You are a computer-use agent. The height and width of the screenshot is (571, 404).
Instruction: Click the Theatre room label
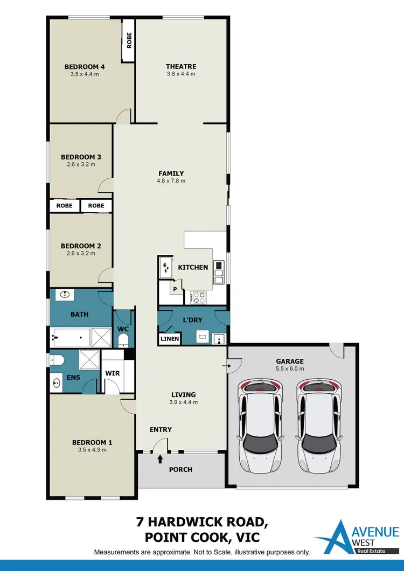[x=181, y=67]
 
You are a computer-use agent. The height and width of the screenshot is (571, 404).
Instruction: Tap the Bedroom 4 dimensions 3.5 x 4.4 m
[x=85, y=74]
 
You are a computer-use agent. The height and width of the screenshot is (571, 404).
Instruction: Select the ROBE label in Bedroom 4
[x=129, y=41]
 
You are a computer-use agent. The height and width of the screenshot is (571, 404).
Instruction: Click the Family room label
[x=171, y=173]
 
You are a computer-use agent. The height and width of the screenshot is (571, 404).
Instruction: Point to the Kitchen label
[x=193, y=267]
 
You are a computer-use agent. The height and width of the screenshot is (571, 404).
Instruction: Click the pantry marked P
[x=175, y=289]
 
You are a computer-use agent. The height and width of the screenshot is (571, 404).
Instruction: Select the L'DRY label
[x=193, y=320]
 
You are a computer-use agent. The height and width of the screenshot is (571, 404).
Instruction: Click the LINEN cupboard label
[x=169, y=339]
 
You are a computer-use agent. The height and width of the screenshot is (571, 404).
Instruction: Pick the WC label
[x=122, y=329]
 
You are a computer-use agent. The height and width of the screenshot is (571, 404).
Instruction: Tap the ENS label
[x=73, y=378]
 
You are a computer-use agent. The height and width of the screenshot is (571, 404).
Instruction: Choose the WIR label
[x=113, y=373]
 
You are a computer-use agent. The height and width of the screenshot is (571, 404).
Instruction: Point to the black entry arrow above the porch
[x=160, y=459]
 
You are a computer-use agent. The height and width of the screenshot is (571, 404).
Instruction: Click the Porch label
[x=180, y=470]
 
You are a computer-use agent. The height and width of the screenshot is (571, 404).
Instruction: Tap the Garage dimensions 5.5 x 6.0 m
[x=290, y=369]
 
